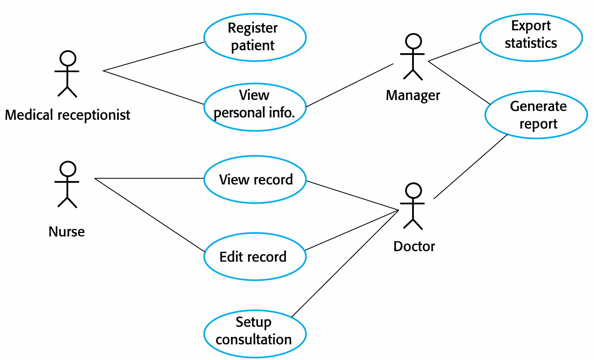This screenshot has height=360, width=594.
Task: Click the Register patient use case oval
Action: pos(255,37)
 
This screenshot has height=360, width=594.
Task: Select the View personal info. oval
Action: pos(255,107)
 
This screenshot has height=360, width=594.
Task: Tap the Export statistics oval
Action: pos(531,37)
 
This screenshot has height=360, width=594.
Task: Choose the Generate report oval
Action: pos(536,115)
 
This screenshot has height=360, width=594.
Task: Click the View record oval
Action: pos(255,179)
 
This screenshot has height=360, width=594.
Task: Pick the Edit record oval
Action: pos(255,256)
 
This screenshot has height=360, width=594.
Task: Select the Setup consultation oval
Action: pos(255,334)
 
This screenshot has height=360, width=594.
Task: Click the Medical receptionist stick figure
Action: pos(67,74)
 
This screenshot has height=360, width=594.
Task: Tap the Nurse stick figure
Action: pos(67,184)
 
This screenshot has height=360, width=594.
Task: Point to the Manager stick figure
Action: pos(413,57)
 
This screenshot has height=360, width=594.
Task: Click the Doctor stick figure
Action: pos(413,206)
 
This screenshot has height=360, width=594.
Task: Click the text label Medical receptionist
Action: pos(67,115)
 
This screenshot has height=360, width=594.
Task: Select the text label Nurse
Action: pos(66,232)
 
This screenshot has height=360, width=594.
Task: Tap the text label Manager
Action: pos(413,95)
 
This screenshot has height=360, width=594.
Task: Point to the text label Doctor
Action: pos(414,246)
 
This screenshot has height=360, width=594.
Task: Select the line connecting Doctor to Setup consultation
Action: pos(345,264)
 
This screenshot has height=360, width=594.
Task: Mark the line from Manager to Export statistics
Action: pos(454,52)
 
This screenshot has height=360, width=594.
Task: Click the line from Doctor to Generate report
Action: pos(471,167)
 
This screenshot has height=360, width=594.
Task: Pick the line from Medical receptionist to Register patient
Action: pos(153,56)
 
